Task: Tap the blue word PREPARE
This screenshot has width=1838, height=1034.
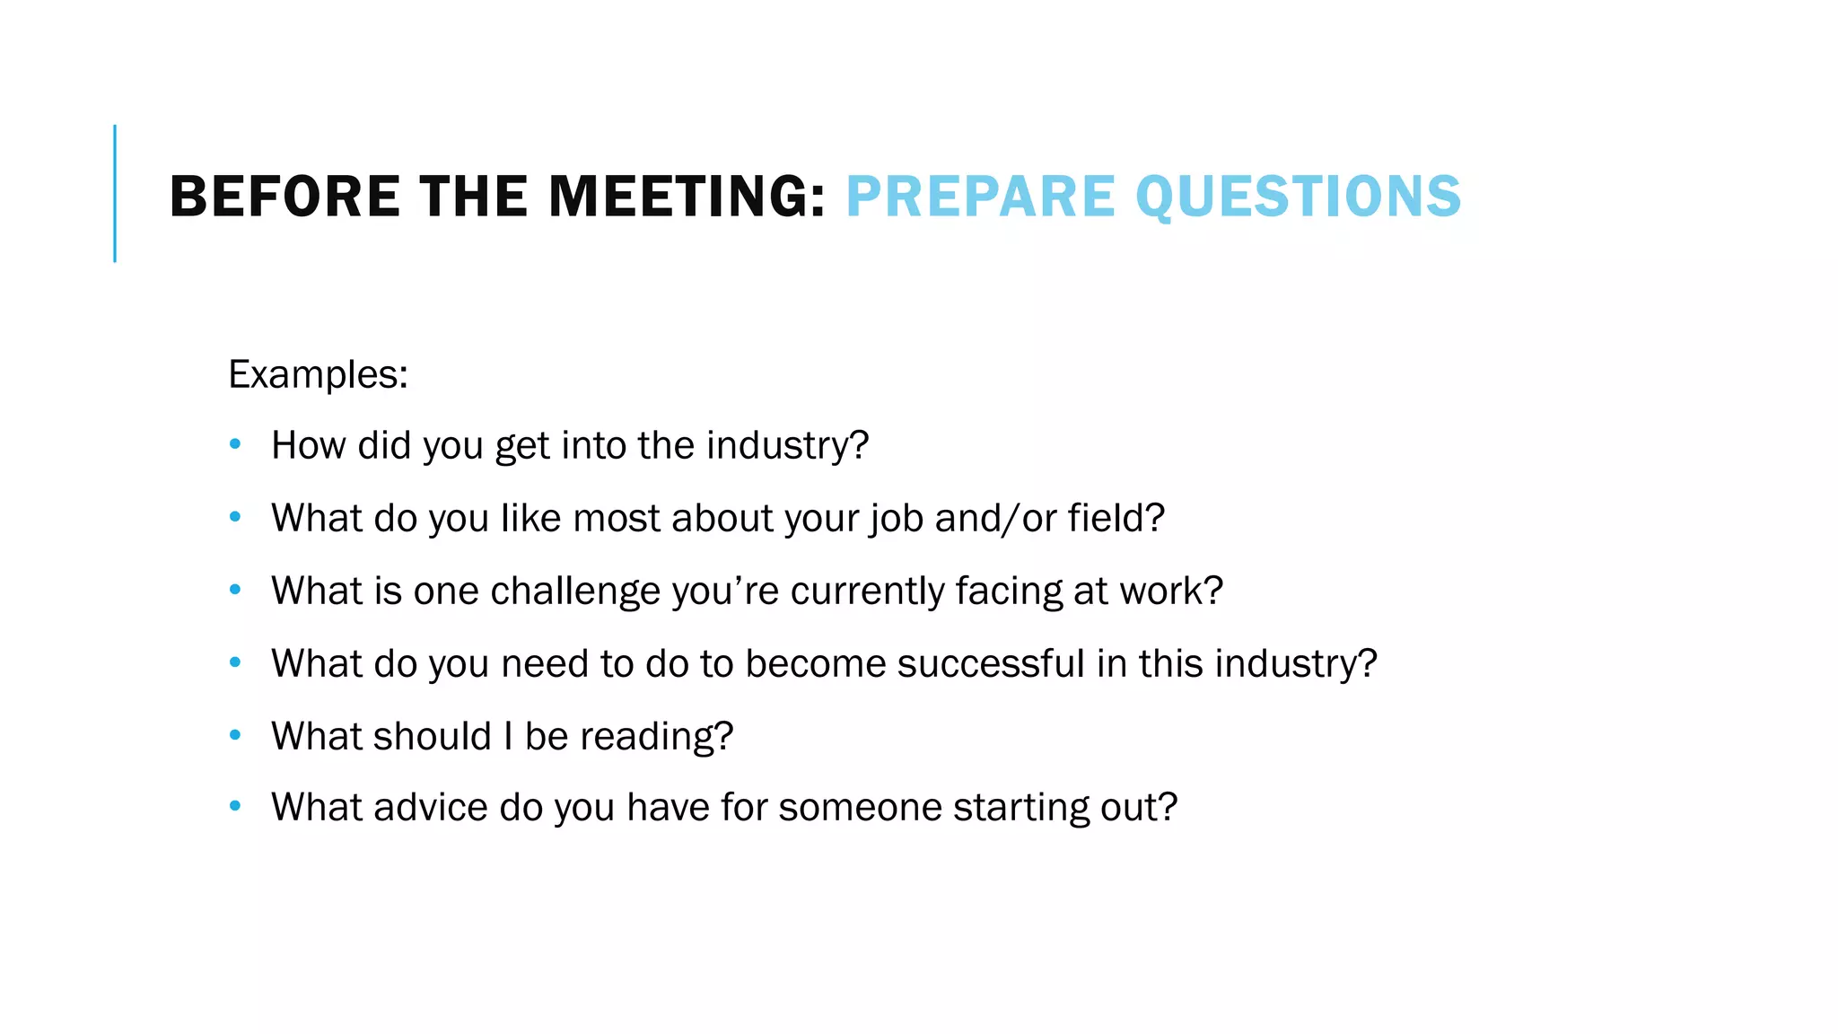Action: click(x=980, y=197)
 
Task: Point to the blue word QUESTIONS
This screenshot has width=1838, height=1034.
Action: click(x=1298, y=197)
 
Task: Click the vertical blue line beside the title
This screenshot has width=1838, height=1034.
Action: click(x=115, y=193)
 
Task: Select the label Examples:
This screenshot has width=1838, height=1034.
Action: click(x=319, y=374)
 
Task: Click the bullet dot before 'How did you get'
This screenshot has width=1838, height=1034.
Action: click(x=235, y=444)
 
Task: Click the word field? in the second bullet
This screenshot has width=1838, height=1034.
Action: click(x=1116, y=518)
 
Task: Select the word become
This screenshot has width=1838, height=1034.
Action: click(x=815, y=663)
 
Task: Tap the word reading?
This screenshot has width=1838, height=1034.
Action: click(x=657, y=737)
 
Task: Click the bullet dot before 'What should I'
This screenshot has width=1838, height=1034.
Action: click(x=235, y=735)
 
